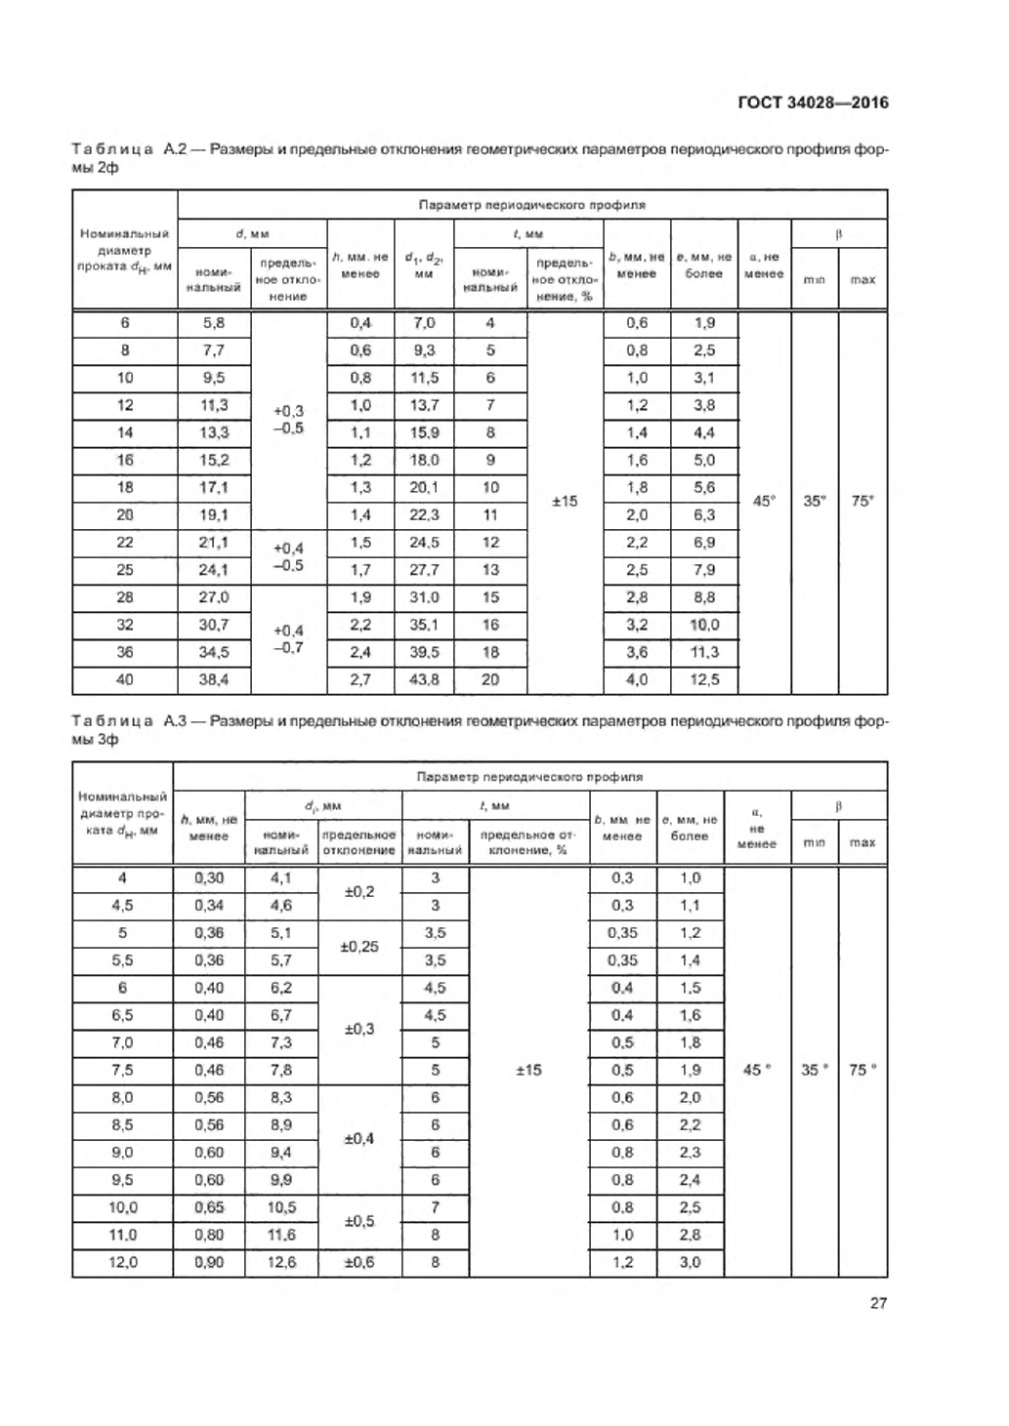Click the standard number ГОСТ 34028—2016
click(813, 102)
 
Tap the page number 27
click(878, 1302)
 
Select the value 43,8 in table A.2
click(424, 679)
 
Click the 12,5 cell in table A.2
click(703, 679)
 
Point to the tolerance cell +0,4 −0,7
click(288, 638)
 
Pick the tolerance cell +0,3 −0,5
click(288, 420)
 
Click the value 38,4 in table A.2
click(214, 679)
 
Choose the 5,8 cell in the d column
click(214, 323)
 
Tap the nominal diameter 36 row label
click(125, 652)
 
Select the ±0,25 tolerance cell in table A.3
click(359, 947)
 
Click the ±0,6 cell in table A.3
click(359, 1262)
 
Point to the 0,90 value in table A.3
click(209, 1262)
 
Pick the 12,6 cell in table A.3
click(281, 1262)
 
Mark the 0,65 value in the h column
click(209, 1207)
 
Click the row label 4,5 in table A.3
click(122, 906)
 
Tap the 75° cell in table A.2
click(862, 501)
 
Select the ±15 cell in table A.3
click(528, 1070)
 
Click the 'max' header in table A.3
click(862, 842)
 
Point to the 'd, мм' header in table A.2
click(252, 234)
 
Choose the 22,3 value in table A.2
click(424, 514)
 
